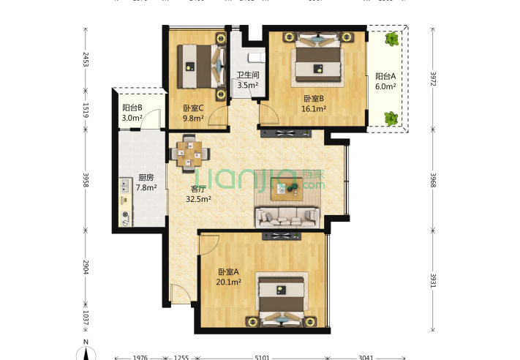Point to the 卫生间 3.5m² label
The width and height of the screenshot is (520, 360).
[247, 80]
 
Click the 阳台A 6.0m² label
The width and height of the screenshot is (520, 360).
[385, 80]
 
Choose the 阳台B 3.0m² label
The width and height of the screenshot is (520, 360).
[132, 113]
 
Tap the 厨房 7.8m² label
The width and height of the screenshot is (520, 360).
[146, 183]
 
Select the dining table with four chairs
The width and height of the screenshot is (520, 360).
[189, 153]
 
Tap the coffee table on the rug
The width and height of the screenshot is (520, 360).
[286, 190]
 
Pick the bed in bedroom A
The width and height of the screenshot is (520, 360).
[282, 300]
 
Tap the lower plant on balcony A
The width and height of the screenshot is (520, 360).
[391, 116]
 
